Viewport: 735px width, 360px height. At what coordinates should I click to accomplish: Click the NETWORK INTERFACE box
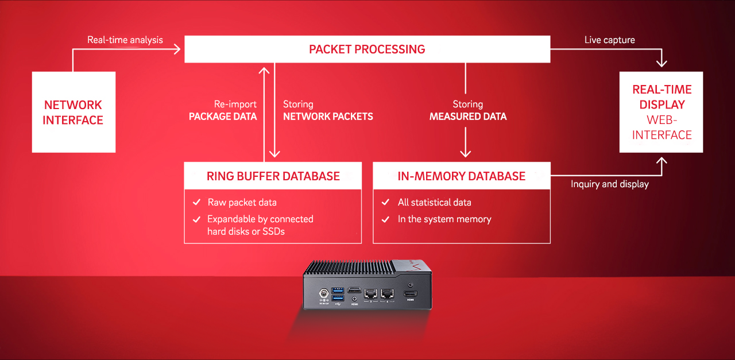coord(73,112)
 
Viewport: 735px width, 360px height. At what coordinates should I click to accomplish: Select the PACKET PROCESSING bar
coord(367,49)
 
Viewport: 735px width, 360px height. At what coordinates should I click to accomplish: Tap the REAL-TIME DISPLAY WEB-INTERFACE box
coord(661,112)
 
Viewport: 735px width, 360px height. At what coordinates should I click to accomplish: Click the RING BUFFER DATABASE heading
coord(273,176)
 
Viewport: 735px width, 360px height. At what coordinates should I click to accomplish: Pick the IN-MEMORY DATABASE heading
coord(462,176)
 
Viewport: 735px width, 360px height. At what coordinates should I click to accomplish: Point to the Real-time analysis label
coord(125,40)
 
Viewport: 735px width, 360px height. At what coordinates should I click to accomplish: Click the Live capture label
coord(609,40)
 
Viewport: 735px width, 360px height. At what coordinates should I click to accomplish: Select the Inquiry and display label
coord(610,184)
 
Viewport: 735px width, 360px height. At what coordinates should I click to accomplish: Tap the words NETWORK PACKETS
coord(328,117)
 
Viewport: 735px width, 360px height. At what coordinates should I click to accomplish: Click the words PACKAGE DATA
coord(223,117)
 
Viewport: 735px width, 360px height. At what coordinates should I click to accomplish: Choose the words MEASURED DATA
coord(468,117)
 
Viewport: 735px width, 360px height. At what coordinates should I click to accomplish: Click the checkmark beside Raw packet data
coord(196,203)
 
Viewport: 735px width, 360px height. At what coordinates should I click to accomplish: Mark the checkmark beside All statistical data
coord(386,203)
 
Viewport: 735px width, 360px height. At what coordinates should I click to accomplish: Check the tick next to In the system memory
coord(386,219)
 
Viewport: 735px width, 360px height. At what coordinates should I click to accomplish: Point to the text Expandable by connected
coord(260,219)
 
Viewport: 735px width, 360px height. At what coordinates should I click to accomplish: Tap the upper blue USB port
coord(338,289)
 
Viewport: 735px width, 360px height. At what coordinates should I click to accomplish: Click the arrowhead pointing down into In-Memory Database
coord(465,153)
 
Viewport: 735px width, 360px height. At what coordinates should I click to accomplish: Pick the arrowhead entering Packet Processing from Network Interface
coord(177,50)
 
